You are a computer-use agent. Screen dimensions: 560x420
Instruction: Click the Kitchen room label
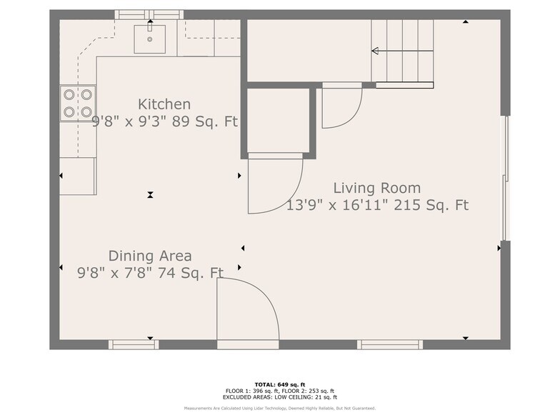(164, 104)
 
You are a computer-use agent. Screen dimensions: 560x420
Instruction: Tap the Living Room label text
(377, 188)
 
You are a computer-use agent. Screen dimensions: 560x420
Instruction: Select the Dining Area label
(150, 256)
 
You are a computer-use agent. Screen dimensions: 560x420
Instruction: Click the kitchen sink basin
(150, 39)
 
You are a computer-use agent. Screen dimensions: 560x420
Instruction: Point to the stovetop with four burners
(78, 104)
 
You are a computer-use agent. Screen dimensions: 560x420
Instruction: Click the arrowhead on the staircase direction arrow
(375, 51)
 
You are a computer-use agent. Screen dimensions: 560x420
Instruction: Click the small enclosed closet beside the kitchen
(279, 120)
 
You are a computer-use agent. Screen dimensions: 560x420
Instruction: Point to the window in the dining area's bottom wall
(134, 344)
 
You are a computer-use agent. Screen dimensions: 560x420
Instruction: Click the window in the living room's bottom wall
(390, 344)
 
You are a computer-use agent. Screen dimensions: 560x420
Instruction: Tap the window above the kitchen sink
(149, 14)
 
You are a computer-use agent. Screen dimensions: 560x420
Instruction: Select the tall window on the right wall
(506, 178)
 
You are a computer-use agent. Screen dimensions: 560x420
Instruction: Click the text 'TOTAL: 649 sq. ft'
(280, 384)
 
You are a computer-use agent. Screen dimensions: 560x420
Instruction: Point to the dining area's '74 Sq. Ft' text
(191, 273)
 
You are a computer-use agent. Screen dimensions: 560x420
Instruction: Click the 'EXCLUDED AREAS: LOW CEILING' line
(280, 397)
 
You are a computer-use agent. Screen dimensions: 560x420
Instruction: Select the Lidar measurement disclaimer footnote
(280, 409)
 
